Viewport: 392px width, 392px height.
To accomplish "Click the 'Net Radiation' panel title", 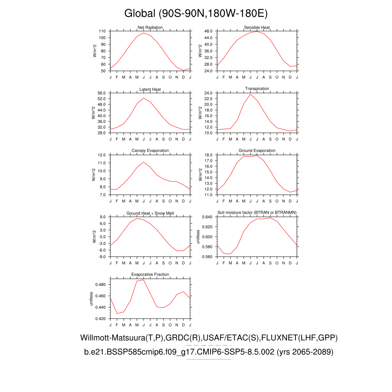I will click(150, 28).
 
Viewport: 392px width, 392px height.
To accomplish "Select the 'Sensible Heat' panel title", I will click(257, 28).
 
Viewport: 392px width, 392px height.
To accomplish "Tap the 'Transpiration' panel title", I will click(257, 89).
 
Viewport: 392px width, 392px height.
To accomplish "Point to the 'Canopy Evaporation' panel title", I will click(150, 151).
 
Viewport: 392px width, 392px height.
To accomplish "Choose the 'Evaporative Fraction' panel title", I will click(150, 274).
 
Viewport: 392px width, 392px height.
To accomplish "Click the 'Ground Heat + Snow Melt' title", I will click(150, 213).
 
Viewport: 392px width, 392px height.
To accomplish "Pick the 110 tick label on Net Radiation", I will click(102, 31).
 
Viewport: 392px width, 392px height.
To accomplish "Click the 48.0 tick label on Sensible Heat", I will click(208, 31).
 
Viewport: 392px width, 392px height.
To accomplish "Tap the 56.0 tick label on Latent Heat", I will click(101, 93).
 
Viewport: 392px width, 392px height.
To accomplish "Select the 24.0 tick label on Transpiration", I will click(208, 93).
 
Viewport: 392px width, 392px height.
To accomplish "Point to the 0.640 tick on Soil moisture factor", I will click(207, 217).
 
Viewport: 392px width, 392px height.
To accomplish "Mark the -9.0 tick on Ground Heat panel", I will click(102, 257).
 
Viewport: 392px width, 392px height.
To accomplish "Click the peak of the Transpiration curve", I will click(250, 94).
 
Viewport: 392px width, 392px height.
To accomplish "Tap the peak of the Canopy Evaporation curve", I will click(144, 162).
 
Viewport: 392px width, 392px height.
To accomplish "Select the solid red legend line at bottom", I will click(208, 359).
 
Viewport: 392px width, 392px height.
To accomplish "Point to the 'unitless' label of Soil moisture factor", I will click(198, 237).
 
